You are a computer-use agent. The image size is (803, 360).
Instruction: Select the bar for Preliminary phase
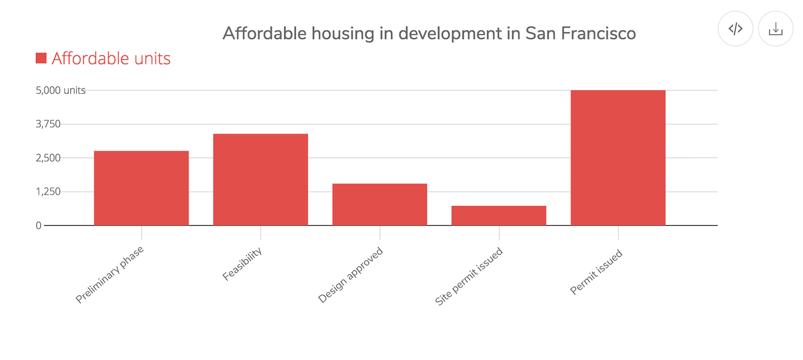click(141, 188)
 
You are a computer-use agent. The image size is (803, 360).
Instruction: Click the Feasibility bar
click(260, 179)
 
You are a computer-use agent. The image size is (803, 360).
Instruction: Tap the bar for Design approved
click(379, 204)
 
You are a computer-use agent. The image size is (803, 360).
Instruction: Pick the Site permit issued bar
click(499, 215)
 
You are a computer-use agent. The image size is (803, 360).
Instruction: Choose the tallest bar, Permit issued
click(618, 158)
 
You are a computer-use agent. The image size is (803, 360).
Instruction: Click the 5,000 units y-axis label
click(60, 90)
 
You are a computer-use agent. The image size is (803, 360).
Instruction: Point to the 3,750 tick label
click(48, 124)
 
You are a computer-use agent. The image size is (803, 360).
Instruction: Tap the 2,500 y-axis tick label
click(48, 158)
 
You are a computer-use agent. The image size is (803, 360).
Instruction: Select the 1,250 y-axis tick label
click(48, 191)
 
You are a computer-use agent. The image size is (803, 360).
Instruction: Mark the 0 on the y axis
click(39, 225)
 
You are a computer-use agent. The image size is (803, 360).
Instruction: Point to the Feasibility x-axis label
click(242, 264)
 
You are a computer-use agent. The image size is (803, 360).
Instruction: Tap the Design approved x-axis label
click(351, 275)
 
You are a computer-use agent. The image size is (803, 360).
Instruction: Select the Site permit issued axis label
click(469, 276)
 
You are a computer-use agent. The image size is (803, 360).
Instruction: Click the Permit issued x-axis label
click(596, 272)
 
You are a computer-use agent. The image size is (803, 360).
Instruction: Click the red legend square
click(41, 58)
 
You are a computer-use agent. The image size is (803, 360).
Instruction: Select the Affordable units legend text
click(111, 59)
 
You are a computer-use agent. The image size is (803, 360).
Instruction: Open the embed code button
click(735, 29)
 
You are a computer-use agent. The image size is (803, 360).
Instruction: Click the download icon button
click(775, 29)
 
